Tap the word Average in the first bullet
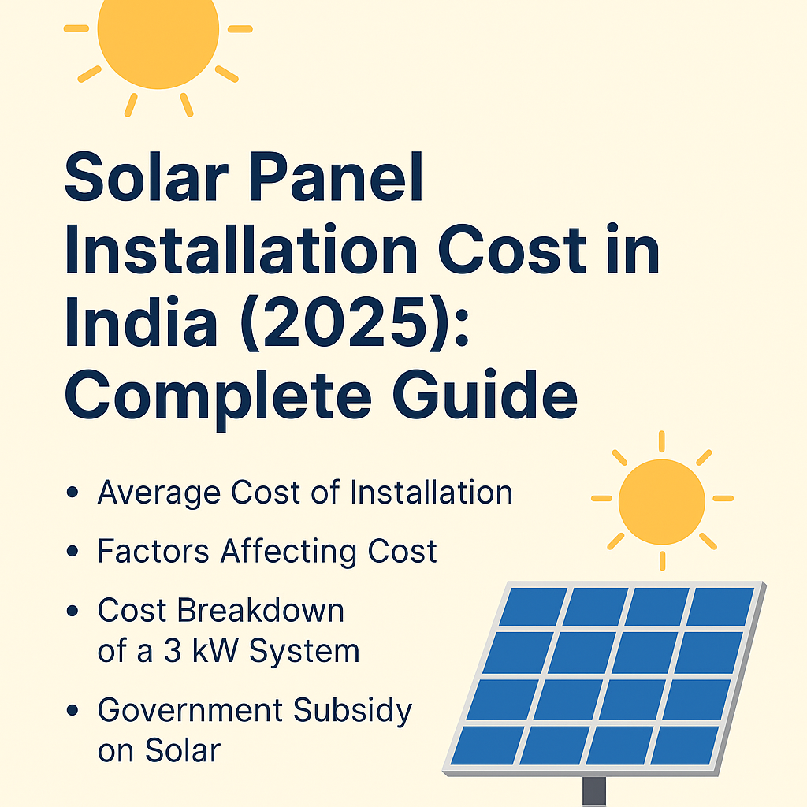[157, 493]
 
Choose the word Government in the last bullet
[188, 711]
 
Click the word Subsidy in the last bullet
[353, 711]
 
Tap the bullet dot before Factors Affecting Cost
[73, 552]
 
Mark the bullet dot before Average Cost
[73, 494]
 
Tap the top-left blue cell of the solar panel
[534, 606]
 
